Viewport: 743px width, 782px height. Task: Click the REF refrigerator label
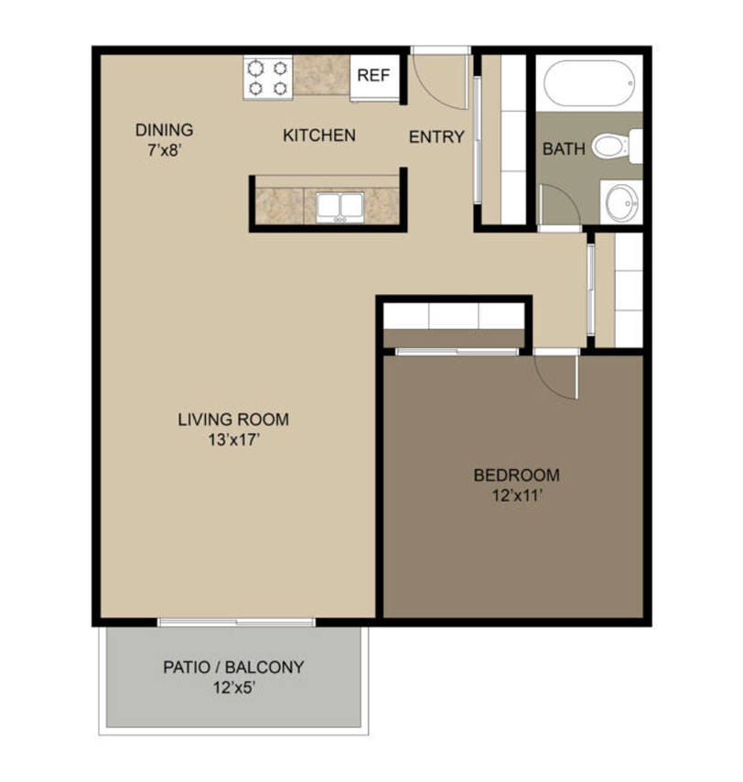(x=373, y=75)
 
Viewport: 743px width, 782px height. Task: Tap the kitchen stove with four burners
(x=267, y=79)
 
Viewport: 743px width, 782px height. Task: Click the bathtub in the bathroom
(x=589, y=82)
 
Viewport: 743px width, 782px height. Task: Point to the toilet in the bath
(x=617, y=147)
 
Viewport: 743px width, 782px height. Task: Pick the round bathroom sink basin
(x=622, y=202)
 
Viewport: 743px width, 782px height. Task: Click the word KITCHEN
(x=319, y=136)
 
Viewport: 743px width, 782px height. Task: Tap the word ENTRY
(x=436, y=136)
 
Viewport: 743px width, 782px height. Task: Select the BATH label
(x=564, y=148)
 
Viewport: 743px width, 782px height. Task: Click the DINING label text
(x=164, y=130)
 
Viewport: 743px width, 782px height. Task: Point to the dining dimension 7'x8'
(x=164, y=150)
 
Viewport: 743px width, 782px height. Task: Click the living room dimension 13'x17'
(x=234, y=440)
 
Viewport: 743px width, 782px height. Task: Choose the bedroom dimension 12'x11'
(x=517, y=495)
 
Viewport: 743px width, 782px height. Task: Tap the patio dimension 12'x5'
(x=234, y=688)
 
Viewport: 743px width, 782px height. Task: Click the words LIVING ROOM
(x=233, y=419)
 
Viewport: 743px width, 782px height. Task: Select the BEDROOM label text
(x=517, y=475)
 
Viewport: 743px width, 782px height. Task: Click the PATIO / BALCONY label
(x=233, y=668)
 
